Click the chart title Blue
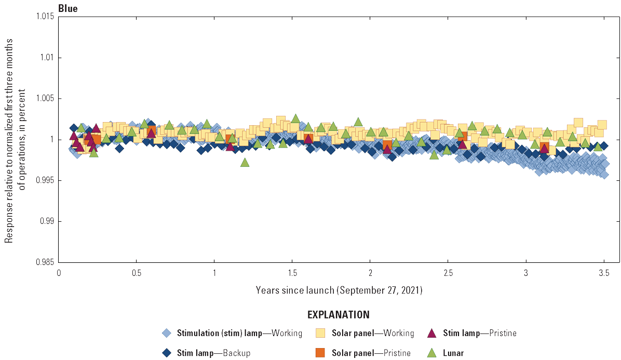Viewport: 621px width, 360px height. coord(68,8)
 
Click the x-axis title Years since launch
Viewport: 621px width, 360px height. coord(339,290)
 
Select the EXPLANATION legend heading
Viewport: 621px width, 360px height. coord(339,315)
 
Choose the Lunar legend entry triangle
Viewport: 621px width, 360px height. coord(431,353)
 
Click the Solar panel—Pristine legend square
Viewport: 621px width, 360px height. coord(321,353)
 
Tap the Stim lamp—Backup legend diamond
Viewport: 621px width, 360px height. coord(166,353)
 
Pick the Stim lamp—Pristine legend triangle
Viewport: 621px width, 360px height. coord(431,333)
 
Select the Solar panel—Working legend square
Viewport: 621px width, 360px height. coord(321,333)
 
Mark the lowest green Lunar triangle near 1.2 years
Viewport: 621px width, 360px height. coord(245,163)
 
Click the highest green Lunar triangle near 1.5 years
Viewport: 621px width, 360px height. coord(295,118)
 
